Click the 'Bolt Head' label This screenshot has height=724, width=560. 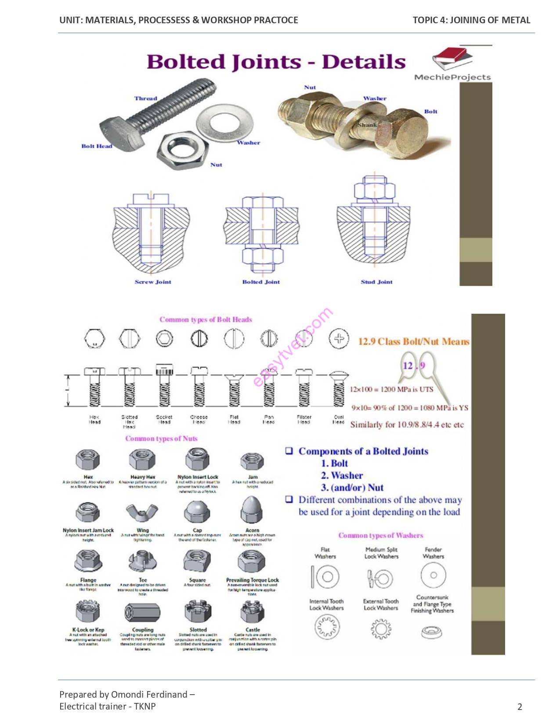[97, 146]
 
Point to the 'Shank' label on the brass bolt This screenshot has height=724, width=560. [367, 125]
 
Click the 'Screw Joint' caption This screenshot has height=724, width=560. [153, 282]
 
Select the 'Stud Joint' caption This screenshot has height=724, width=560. [376, 282]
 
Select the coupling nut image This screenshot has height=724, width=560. [142, 612]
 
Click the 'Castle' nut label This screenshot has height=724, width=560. [253, 630]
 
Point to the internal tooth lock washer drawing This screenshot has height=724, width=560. [327, 627]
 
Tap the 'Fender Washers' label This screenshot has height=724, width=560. [433, 553]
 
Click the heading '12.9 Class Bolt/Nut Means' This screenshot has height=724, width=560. [413, 341]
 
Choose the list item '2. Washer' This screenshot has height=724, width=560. [342, 476]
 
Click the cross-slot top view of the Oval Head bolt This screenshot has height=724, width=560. [339, 339]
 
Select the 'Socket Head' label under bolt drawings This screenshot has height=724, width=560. [164, 419]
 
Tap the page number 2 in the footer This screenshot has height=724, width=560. [520, 706]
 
